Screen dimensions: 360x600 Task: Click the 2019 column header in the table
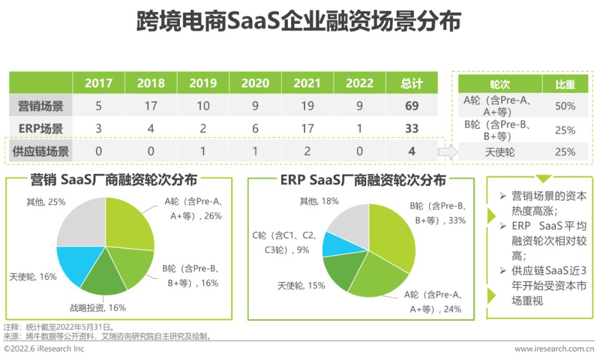(203, 83)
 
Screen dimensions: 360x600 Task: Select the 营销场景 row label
(41, 106)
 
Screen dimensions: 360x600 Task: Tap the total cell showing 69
(412, 106)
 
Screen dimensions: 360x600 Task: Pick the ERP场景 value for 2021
(307, 128)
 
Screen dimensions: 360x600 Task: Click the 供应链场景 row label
(41, 151)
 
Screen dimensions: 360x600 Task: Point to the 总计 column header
(412, 83)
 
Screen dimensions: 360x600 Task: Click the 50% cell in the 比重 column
(565, 106)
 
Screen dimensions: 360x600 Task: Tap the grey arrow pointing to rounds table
(446, 151)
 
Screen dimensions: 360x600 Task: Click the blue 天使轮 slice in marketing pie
(78, 264)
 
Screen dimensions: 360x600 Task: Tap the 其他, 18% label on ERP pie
(319, 201)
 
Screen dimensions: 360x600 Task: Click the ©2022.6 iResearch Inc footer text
(44, 349)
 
